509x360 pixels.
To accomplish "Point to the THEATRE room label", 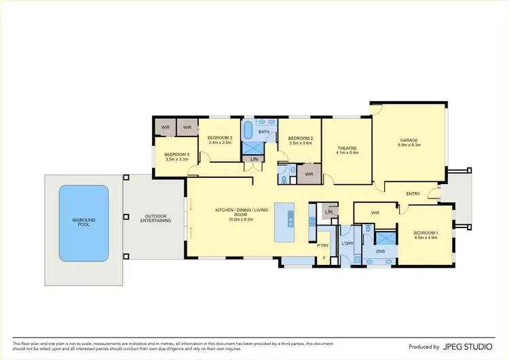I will tap(347, 148).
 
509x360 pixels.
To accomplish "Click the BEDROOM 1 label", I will tap(426, 233).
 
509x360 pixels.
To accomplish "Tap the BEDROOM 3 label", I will tap(220, 138).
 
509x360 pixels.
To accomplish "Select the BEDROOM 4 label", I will tap(176, 154).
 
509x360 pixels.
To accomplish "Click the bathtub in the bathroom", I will tap(248, 130).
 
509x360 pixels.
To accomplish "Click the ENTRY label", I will tap(413, 194).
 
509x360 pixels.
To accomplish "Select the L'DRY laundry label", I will tap(347, 243).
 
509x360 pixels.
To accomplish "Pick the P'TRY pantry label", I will tap(323, 244).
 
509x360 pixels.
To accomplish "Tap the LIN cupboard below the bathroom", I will tap(254, 159).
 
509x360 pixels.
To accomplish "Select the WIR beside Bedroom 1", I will tap(375, 213).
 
